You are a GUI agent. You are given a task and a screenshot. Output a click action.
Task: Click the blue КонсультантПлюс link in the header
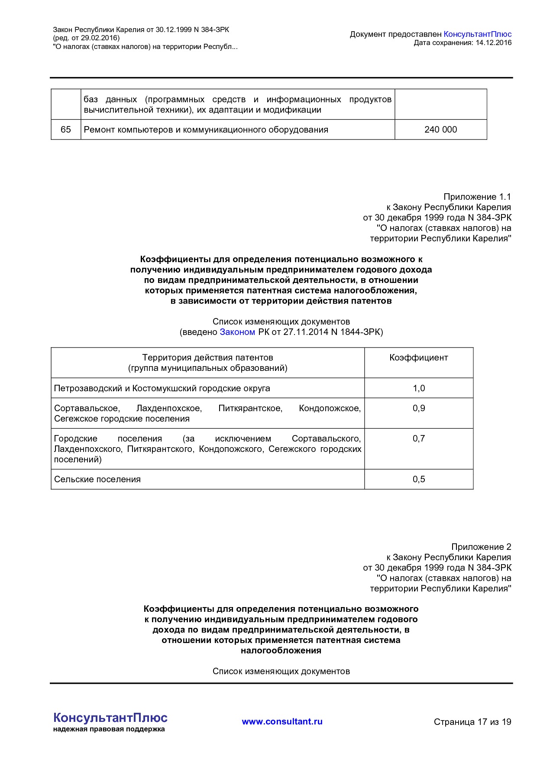[477, 34]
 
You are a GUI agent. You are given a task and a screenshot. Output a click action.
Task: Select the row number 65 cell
[66, 130]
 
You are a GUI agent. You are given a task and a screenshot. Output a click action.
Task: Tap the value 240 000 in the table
[440, 130]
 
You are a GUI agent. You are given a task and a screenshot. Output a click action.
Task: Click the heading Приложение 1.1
[477, 197]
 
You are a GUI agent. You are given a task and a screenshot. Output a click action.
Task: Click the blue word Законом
[237, 332]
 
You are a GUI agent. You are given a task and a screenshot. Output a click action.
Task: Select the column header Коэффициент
[418, 357]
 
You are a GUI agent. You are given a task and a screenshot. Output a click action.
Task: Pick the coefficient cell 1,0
[418, 388]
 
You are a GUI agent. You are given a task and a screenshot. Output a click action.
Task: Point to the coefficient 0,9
[418, 408]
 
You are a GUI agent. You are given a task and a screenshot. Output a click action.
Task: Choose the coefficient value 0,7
[418, 438]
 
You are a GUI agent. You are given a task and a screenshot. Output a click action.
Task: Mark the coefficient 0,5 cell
[418, 479]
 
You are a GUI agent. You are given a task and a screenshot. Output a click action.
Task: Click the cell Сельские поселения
[97, 479]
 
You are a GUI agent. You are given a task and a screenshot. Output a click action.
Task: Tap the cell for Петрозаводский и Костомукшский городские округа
[162, 388]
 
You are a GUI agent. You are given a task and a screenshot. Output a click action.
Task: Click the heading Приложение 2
[481, 547]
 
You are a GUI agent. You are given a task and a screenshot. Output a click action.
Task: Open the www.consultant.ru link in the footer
[282, 721]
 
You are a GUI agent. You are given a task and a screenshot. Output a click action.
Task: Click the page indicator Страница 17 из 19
[472, 722]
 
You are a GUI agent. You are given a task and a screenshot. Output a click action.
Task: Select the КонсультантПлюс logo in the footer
[110, 718]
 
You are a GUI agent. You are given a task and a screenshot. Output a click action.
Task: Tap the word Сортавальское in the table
[87, 408]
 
